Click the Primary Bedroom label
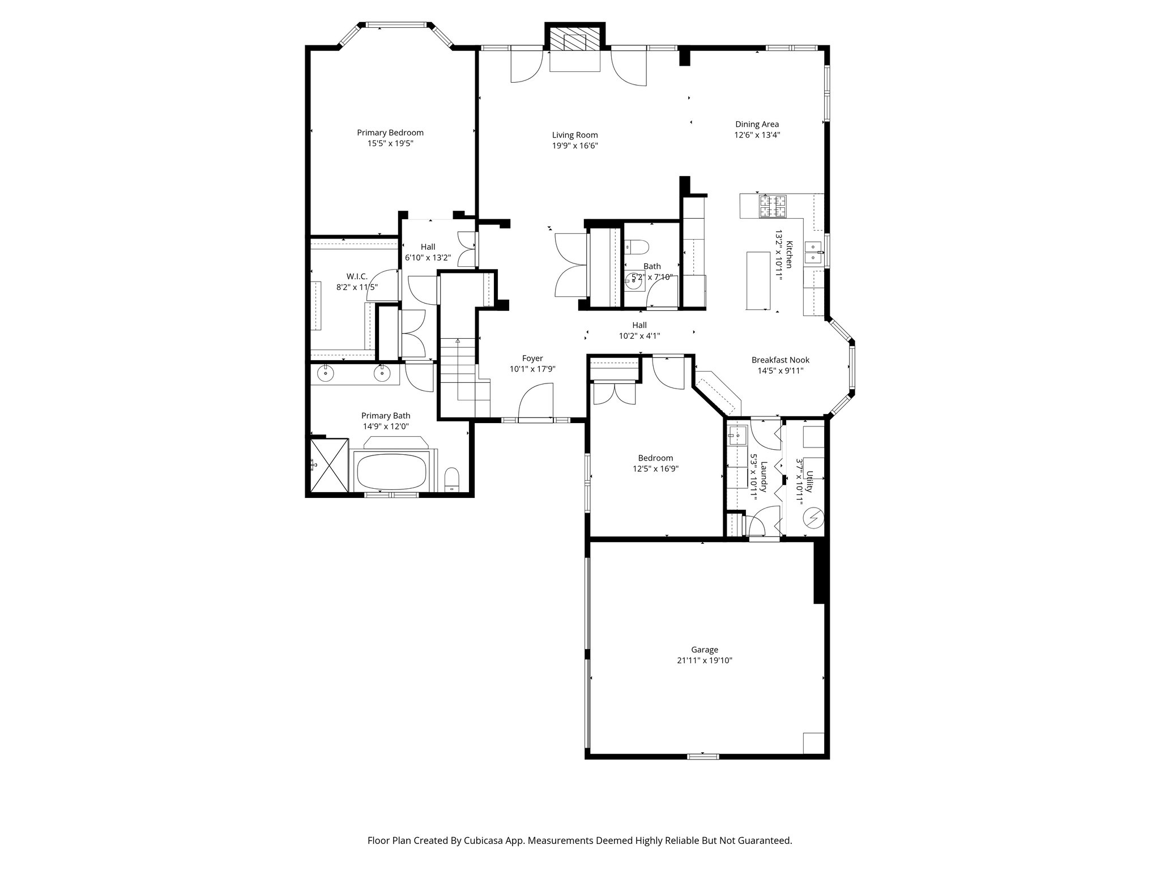coord(390,133)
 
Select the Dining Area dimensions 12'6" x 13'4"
coord(757,135)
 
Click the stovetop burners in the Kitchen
coord(774,206)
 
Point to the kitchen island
coord(758,281)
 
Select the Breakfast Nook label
coord(780,360)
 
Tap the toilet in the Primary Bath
coord(452,479)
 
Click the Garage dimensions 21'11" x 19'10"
coord(704,660)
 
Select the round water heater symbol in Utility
coord(813,518)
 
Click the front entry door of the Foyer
coord(535,403)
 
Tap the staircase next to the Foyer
coord(459,374)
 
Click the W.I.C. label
coord(357,276)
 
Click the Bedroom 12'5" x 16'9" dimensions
coord(655,469)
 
